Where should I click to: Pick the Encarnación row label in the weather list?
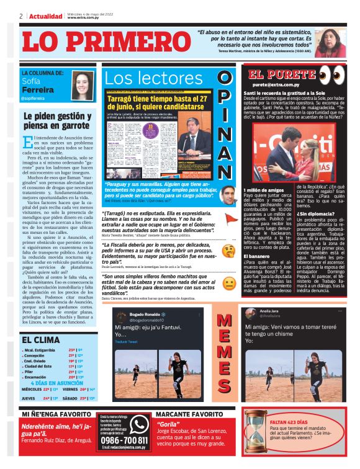coord(40,377)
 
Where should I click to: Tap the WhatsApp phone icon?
coord(138,424)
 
